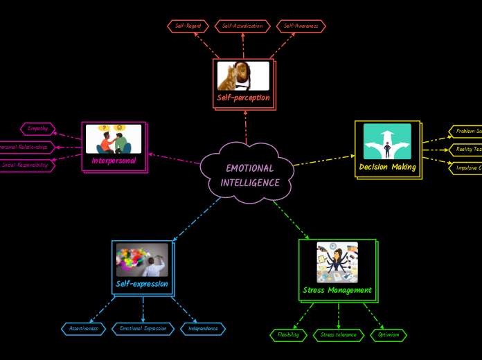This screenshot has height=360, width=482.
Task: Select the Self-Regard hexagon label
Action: pyautogui.click(x=188, y=26)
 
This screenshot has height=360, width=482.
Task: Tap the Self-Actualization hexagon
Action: pyautogui.click(x=242, y=26)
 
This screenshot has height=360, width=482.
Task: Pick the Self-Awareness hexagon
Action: pyautogui.click(x=301, y=26)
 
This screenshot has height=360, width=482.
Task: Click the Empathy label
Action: pyautogui.click(x=38, y=129)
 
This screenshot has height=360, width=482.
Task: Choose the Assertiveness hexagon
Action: pyautogui.click(x=84, y=329)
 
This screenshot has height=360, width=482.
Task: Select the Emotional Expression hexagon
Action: pyautogui.click(x=143, y=329)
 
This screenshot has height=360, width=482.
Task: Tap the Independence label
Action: pyautogui.click(x=203, y=329)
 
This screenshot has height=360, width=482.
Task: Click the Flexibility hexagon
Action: pyautogui.click(x=288, y=335)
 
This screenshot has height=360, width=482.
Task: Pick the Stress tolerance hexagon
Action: pyautogui.click(x=339, y=335)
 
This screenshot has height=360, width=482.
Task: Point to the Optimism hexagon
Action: pyautogui.click(x=389, y=335)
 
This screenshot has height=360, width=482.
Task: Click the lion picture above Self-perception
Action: pyautogui.click(x=243, y=76)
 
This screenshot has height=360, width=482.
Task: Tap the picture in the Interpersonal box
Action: pyautogui.click(x=114, y=138)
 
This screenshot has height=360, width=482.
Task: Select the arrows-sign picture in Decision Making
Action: pyautogui.click(x=387, y=141)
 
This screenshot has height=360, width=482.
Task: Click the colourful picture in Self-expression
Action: pyautogui.click(x=142, y=260)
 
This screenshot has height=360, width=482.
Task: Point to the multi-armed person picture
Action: pyautogui.click(x=337, y=262)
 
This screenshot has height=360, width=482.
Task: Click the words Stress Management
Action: pyautogui.click(x=337, y=290)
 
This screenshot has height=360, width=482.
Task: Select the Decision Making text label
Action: pyautogui.click(x=388, y=167)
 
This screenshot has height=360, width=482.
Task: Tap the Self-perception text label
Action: pyautogui.click(x=243, y=98)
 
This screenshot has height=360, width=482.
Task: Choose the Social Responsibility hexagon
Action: pyautogui.click(x=26, y=166)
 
